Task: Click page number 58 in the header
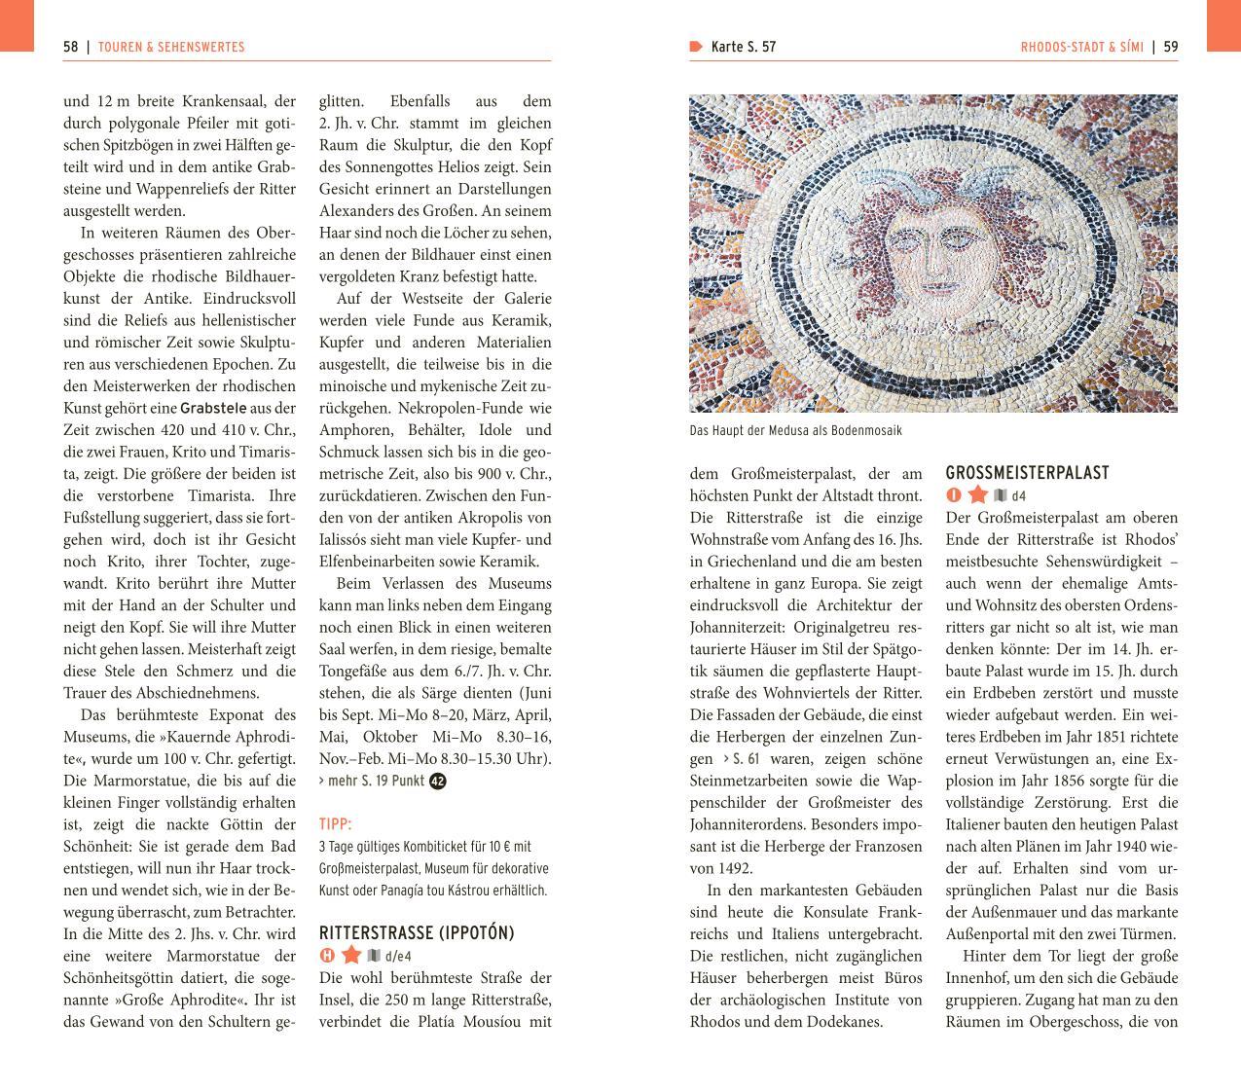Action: tap(71, 47)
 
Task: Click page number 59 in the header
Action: tap(1170, 47)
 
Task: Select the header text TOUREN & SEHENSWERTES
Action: tap(171, 47)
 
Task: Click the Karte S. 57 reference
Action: tap(743, 47)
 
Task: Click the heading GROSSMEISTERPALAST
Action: tap(1027, 473)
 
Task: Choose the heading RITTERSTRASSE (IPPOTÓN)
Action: tap(417, 933)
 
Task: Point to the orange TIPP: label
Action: tap(336, 824)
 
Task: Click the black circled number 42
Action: tap(438, 781)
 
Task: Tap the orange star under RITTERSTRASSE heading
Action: tap(351, 956)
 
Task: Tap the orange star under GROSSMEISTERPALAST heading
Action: tap(977, 495)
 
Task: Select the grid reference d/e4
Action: tap(398, 957)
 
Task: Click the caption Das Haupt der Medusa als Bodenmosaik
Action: tap(795, 430)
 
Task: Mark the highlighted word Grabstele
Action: tap(212, 409)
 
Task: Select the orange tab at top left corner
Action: tap(17, 25)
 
